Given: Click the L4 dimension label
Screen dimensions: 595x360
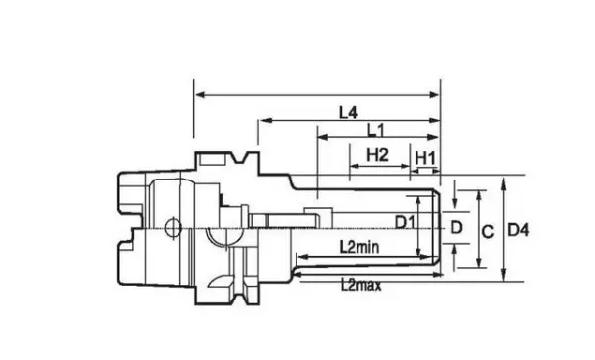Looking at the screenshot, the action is pyautogui.click(x=348, y=112).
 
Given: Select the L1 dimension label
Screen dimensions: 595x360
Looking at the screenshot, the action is pyautogui.click(x=376, y=131).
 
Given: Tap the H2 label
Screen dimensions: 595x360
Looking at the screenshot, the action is pyautogui.click(x=377, y=155).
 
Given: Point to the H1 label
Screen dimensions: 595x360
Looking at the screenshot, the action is pyautogui.click(x=425, y=158).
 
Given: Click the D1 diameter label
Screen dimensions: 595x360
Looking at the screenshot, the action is pyautogui.click(x=405, y=222).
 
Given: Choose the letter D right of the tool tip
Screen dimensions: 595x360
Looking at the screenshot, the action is pyautogui.click(x=456, y=228).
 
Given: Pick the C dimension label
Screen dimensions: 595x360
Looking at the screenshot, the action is pyautogui.click(x=488, y=231).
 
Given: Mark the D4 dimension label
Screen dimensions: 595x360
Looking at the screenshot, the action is pyautogui.click(x=518, y=230).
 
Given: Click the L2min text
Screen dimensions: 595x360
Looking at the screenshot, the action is pyautogui.click(x=359, y=247).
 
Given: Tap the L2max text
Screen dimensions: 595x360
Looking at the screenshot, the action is pyautogui.click(x=361, y=285).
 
